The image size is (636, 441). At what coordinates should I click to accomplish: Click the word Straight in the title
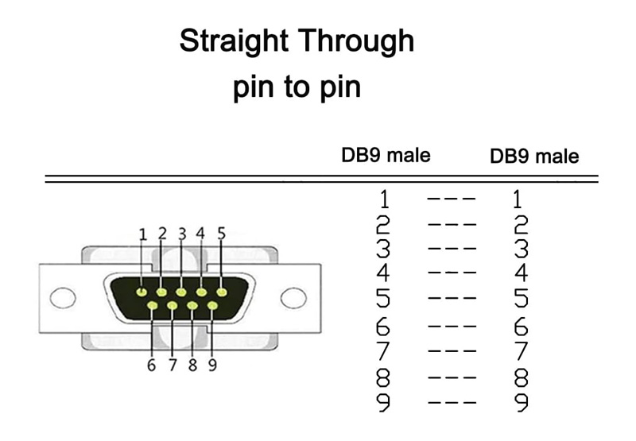(229, 41)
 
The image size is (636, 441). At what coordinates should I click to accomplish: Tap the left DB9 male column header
(386, 155)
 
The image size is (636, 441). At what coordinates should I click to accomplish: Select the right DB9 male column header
(534, 156)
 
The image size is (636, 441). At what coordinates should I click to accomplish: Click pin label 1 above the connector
(142, 234)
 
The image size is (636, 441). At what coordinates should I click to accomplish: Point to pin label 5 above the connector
(221, 234)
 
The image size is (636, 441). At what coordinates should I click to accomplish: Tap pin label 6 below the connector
(151, 366)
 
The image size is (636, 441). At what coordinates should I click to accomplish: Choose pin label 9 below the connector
(212, 366)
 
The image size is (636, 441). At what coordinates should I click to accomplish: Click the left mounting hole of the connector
(63, 298)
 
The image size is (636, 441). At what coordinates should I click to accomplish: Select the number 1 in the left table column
(384, 199)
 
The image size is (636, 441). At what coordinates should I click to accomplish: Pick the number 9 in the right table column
(522, 402)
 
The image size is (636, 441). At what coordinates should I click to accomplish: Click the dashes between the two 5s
(452, 300)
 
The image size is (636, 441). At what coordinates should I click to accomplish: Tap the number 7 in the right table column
(522, 350)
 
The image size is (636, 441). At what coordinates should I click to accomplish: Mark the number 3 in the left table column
(384, 249)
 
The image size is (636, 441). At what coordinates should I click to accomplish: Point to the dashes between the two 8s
(452, 377)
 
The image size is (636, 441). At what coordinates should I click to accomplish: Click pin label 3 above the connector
(181, 234)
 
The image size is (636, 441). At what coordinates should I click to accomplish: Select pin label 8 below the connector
(192, 366)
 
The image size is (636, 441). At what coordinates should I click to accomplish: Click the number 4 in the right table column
(522, 274)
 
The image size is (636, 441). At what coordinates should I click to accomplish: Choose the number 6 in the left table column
(384, 326)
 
